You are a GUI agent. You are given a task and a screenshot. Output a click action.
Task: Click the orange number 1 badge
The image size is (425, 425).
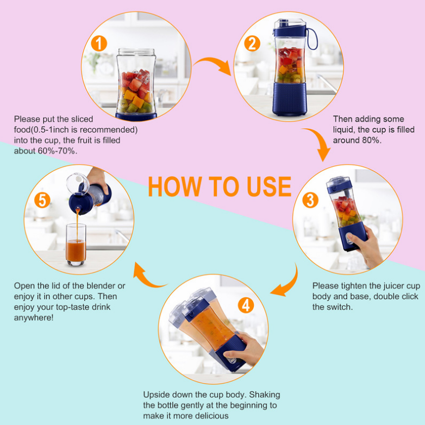(99, 43)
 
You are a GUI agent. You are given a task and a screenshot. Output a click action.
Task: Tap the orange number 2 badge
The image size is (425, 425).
(252, 43)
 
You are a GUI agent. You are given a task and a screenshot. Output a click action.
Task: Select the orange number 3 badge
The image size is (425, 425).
(310, 200)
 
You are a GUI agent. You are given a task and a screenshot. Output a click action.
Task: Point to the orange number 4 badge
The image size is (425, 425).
(246, 305)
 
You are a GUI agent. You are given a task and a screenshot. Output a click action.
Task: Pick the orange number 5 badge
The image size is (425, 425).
(42, 200)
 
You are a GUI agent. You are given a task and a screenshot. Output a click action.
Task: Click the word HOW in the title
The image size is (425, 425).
(175, 186)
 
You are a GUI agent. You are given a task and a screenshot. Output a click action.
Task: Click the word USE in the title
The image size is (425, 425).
(269, 186)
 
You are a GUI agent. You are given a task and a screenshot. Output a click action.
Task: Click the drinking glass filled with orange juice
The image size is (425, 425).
(76, 245)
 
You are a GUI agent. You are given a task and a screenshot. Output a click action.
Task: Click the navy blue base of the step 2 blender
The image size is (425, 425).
(290, 99)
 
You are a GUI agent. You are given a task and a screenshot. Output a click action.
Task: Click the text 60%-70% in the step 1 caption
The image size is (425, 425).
(56, 151)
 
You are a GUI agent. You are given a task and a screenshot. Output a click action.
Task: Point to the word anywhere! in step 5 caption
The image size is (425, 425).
(34, 317)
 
